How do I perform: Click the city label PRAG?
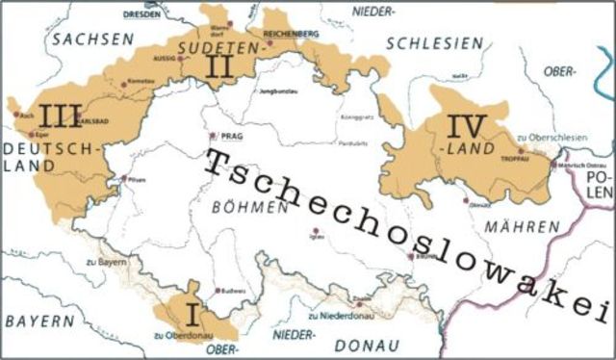(230, 137)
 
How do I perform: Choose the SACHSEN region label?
(91, 39)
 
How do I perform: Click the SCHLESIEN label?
(432, 43)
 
